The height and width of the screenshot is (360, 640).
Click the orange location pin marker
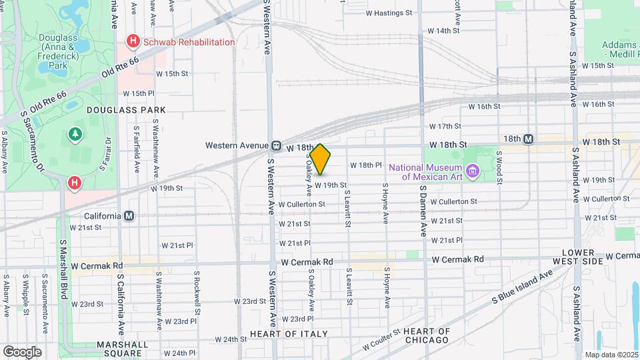click(321, 159)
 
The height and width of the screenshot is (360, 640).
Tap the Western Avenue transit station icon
click(275, 145)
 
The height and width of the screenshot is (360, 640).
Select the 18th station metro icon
click(528, 139)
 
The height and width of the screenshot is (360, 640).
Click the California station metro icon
click(129, 216)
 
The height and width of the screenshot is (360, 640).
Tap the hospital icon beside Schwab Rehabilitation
click(133, 41)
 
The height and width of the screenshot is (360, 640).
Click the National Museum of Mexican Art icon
click(473, 172)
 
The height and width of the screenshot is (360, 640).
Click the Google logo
click(22, 351)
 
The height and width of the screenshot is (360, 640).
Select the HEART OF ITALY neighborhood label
click(289, 333)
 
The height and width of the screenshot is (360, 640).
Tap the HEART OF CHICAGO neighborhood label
click(427, 335)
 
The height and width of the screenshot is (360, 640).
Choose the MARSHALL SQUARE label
click(122, 349)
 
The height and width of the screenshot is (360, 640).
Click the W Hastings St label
click(398, 13)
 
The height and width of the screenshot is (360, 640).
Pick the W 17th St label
click(445, 126)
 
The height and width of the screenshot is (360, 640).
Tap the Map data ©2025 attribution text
click(611, 354)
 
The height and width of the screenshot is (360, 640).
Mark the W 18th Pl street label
click(365, 165)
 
